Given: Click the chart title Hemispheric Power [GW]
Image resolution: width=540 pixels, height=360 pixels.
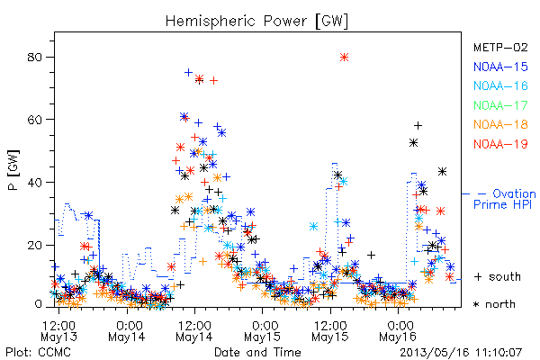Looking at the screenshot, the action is click(256, 22).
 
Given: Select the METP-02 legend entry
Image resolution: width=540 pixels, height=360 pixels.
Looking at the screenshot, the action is click(500, 48).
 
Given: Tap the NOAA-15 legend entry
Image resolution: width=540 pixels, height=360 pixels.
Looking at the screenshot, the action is click(500, 67).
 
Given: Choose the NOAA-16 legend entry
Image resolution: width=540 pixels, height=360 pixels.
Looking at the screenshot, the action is click(500, 85).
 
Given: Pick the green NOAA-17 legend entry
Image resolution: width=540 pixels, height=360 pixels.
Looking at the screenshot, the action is click(500, 105).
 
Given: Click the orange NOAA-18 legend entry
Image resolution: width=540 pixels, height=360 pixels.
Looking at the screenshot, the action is click(500, 124).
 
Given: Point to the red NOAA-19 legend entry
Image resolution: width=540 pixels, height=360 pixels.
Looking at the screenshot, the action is click(500, 144).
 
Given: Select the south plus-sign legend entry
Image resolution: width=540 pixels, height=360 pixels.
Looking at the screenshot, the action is click(498, 276).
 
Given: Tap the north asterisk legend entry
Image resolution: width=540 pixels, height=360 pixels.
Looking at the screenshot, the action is click(494, 304).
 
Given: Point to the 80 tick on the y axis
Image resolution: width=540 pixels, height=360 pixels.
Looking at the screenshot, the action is click(35, 58).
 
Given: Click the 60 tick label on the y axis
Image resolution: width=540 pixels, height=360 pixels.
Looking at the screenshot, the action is click(35, 120).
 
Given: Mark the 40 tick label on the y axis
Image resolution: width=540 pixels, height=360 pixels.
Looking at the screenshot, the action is click(35, 183).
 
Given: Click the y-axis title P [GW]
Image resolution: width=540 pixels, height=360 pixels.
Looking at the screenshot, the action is click(13, 170).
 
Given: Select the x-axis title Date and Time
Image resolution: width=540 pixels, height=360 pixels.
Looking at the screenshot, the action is click(257, 353).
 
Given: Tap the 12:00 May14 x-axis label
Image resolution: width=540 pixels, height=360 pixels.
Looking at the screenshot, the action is click(194, 331).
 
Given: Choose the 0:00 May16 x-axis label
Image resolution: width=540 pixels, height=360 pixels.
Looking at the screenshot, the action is click(398, 331).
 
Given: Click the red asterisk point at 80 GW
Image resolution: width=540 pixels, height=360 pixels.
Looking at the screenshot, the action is click(344, 58).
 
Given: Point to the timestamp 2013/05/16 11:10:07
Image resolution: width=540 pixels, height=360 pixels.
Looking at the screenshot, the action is click(461, 353).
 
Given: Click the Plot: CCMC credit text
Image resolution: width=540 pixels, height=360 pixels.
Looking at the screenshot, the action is click(38, 353).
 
